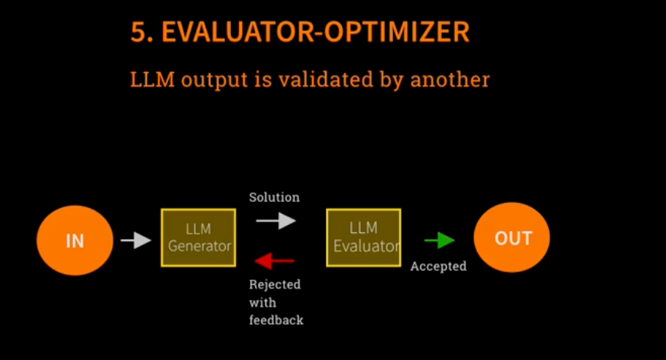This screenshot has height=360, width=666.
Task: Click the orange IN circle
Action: pos(74,240)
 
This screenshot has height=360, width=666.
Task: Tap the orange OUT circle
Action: pos(512,238)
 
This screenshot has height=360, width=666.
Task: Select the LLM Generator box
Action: pos(198,238)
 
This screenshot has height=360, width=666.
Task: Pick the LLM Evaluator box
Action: pos(364,238)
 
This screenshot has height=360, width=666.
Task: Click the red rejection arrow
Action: pos(274,261)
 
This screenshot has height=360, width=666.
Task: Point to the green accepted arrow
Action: pos(440,240)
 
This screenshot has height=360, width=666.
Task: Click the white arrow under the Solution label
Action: pos(276,221)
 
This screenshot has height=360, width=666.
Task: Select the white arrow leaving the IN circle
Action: pos(136,240)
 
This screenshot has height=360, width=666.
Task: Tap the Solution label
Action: pos(274,197)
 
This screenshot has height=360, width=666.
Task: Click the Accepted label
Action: pos(438,266)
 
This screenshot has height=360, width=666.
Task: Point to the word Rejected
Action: pos(275,284)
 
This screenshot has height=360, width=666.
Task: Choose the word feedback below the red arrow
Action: pos(276,319)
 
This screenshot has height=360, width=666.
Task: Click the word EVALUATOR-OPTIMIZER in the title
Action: pos(316,32)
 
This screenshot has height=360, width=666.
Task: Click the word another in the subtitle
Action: pos(450,80)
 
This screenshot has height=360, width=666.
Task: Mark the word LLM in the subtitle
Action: pos(152,80)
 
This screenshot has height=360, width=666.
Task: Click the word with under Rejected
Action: pos(263,302)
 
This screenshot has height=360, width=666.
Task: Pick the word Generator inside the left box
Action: pos(200,246)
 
